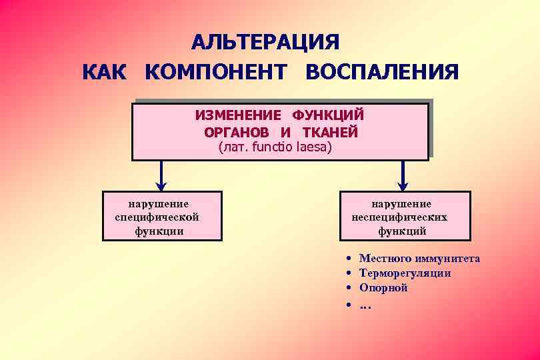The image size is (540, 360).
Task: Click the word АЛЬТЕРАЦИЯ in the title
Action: [x=265, y=41]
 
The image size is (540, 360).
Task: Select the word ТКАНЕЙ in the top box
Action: [x=331, y=132]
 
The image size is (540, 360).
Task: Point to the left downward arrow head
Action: [x=161, y=185]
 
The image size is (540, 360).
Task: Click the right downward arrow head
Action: [x=403, y=185]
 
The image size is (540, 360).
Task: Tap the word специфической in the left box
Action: [x=157, y=217]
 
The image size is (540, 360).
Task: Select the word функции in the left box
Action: [x=159, y=231]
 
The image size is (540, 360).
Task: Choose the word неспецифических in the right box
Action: [x=399, y=217]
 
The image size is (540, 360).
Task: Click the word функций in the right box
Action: [x=402, y=231]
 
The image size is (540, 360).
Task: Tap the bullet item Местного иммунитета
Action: [x=419, y=259]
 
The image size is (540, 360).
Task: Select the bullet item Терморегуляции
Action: [x=405, y=273]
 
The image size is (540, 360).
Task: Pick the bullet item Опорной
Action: [x=383, y=288]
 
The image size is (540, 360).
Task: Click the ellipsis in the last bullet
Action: [x=365, y=306]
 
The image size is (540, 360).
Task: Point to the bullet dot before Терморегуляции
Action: [x=349, y=273]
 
